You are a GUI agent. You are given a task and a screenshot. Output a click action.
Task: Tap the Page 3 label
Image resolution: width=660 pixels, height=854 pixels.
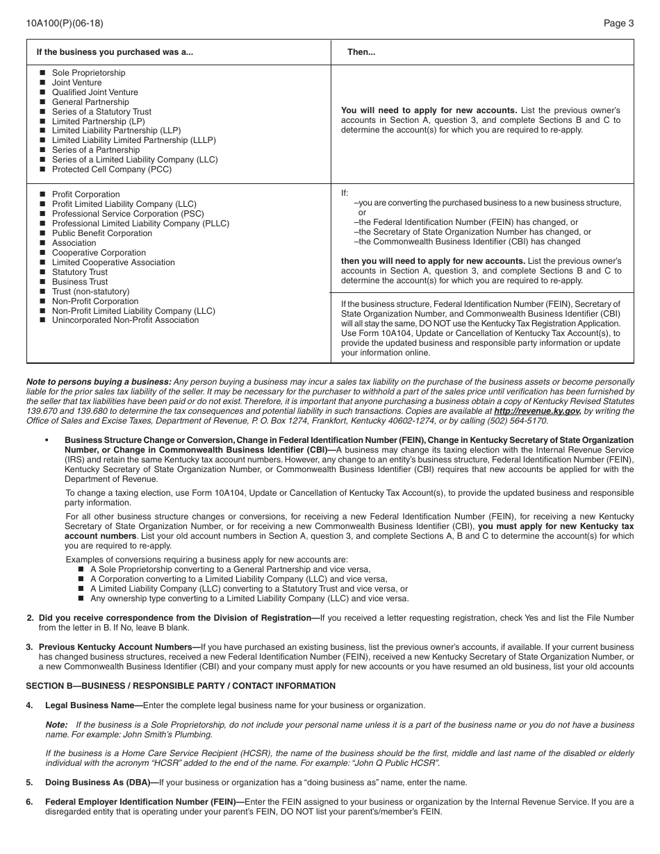[618, 23]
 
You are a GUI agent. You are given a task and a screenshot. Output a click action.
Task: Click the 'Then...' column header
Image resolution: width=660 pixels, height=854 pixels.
[361, 52]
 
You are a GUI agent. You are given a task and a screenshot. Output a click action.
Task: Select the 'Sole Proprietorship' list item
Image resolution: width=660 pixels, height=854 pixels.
[88, 73]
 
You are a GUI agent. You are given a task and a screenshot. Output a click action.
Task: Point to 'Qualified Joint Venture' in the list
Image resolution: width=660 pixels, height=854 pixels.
[94, 92]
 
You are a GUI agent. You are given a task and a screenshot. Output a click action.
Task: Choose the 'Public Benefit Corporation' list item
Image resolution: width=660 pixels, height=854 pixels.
[101, 233]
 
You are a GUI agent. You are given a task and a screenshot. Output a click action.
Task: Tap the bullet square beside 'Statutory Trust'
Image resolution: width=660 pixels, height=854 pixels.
[42, 272]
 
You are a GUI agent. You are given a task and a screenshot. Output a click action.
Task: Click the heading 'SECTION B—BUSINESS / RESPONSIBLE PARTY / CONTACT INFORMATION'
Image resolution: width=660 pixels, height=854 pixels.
[181, 686]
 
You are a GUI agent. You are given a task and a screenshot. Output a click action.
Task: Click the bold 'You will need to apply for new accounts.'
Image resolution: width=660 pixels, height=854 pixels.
[429, 110]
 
